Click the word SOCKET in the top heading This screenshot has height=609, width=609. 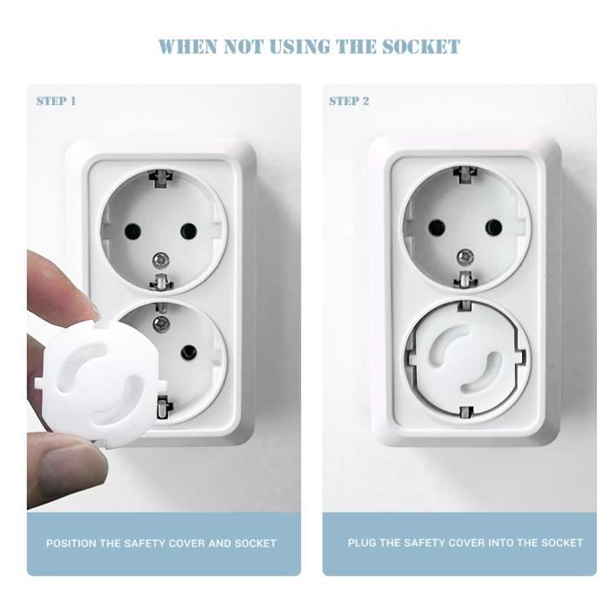[x=421, y=47]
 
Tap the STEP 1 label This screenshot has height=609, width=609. [x=57, y=102]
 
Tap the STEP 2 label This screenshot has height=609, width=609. [x=349, y=102]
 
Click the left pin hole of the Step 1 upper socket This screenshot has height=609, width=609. [x=132, y=232]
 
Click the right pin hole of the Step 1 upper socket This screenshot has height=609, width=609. [x=189, y=231]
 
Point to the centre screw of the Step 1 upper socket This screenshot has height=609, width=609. [x=160, y=258]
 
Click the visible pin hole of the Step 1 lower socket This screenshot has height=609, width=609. [x=189, y=352]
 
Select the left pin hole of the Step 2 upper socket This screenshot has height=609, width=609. [x=437, y=228]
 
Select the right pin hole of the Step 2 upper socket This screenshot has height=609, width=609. [x=493, y=227]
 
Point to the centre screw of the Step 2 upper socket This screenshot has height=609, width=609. [x=465, y=256]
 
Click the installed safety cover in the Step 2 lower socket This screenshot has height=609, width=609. [x=465, y=358]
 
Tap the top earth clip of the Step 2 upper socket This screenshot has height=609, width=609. [x=465, y=174]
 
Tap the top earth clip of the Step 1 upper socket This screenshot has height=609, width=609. [x=161, y=178]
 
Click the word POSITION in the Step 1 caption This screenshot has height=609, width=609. [x=71, y=543]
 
